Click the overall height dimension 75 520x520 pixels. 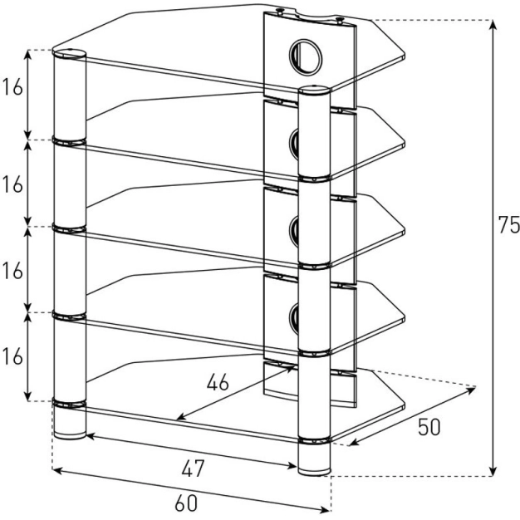coord(508,224)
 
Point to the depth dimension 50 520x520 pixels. coord(429,427)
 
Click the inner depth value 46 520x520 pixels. coord(218,383)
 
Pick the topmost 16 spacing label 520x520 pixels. coord(13,89)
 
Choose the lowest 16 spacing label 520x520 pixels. coord(13,356)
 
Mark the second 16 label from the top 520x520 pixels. coord(13,184)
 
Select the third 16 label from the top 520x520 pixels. coord(13,271)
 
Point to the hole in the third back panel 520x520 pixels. coord(297,227)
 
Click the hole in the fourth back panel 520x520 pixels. coord(297,312)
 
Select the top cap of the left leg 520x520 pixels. coord(70,55)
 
